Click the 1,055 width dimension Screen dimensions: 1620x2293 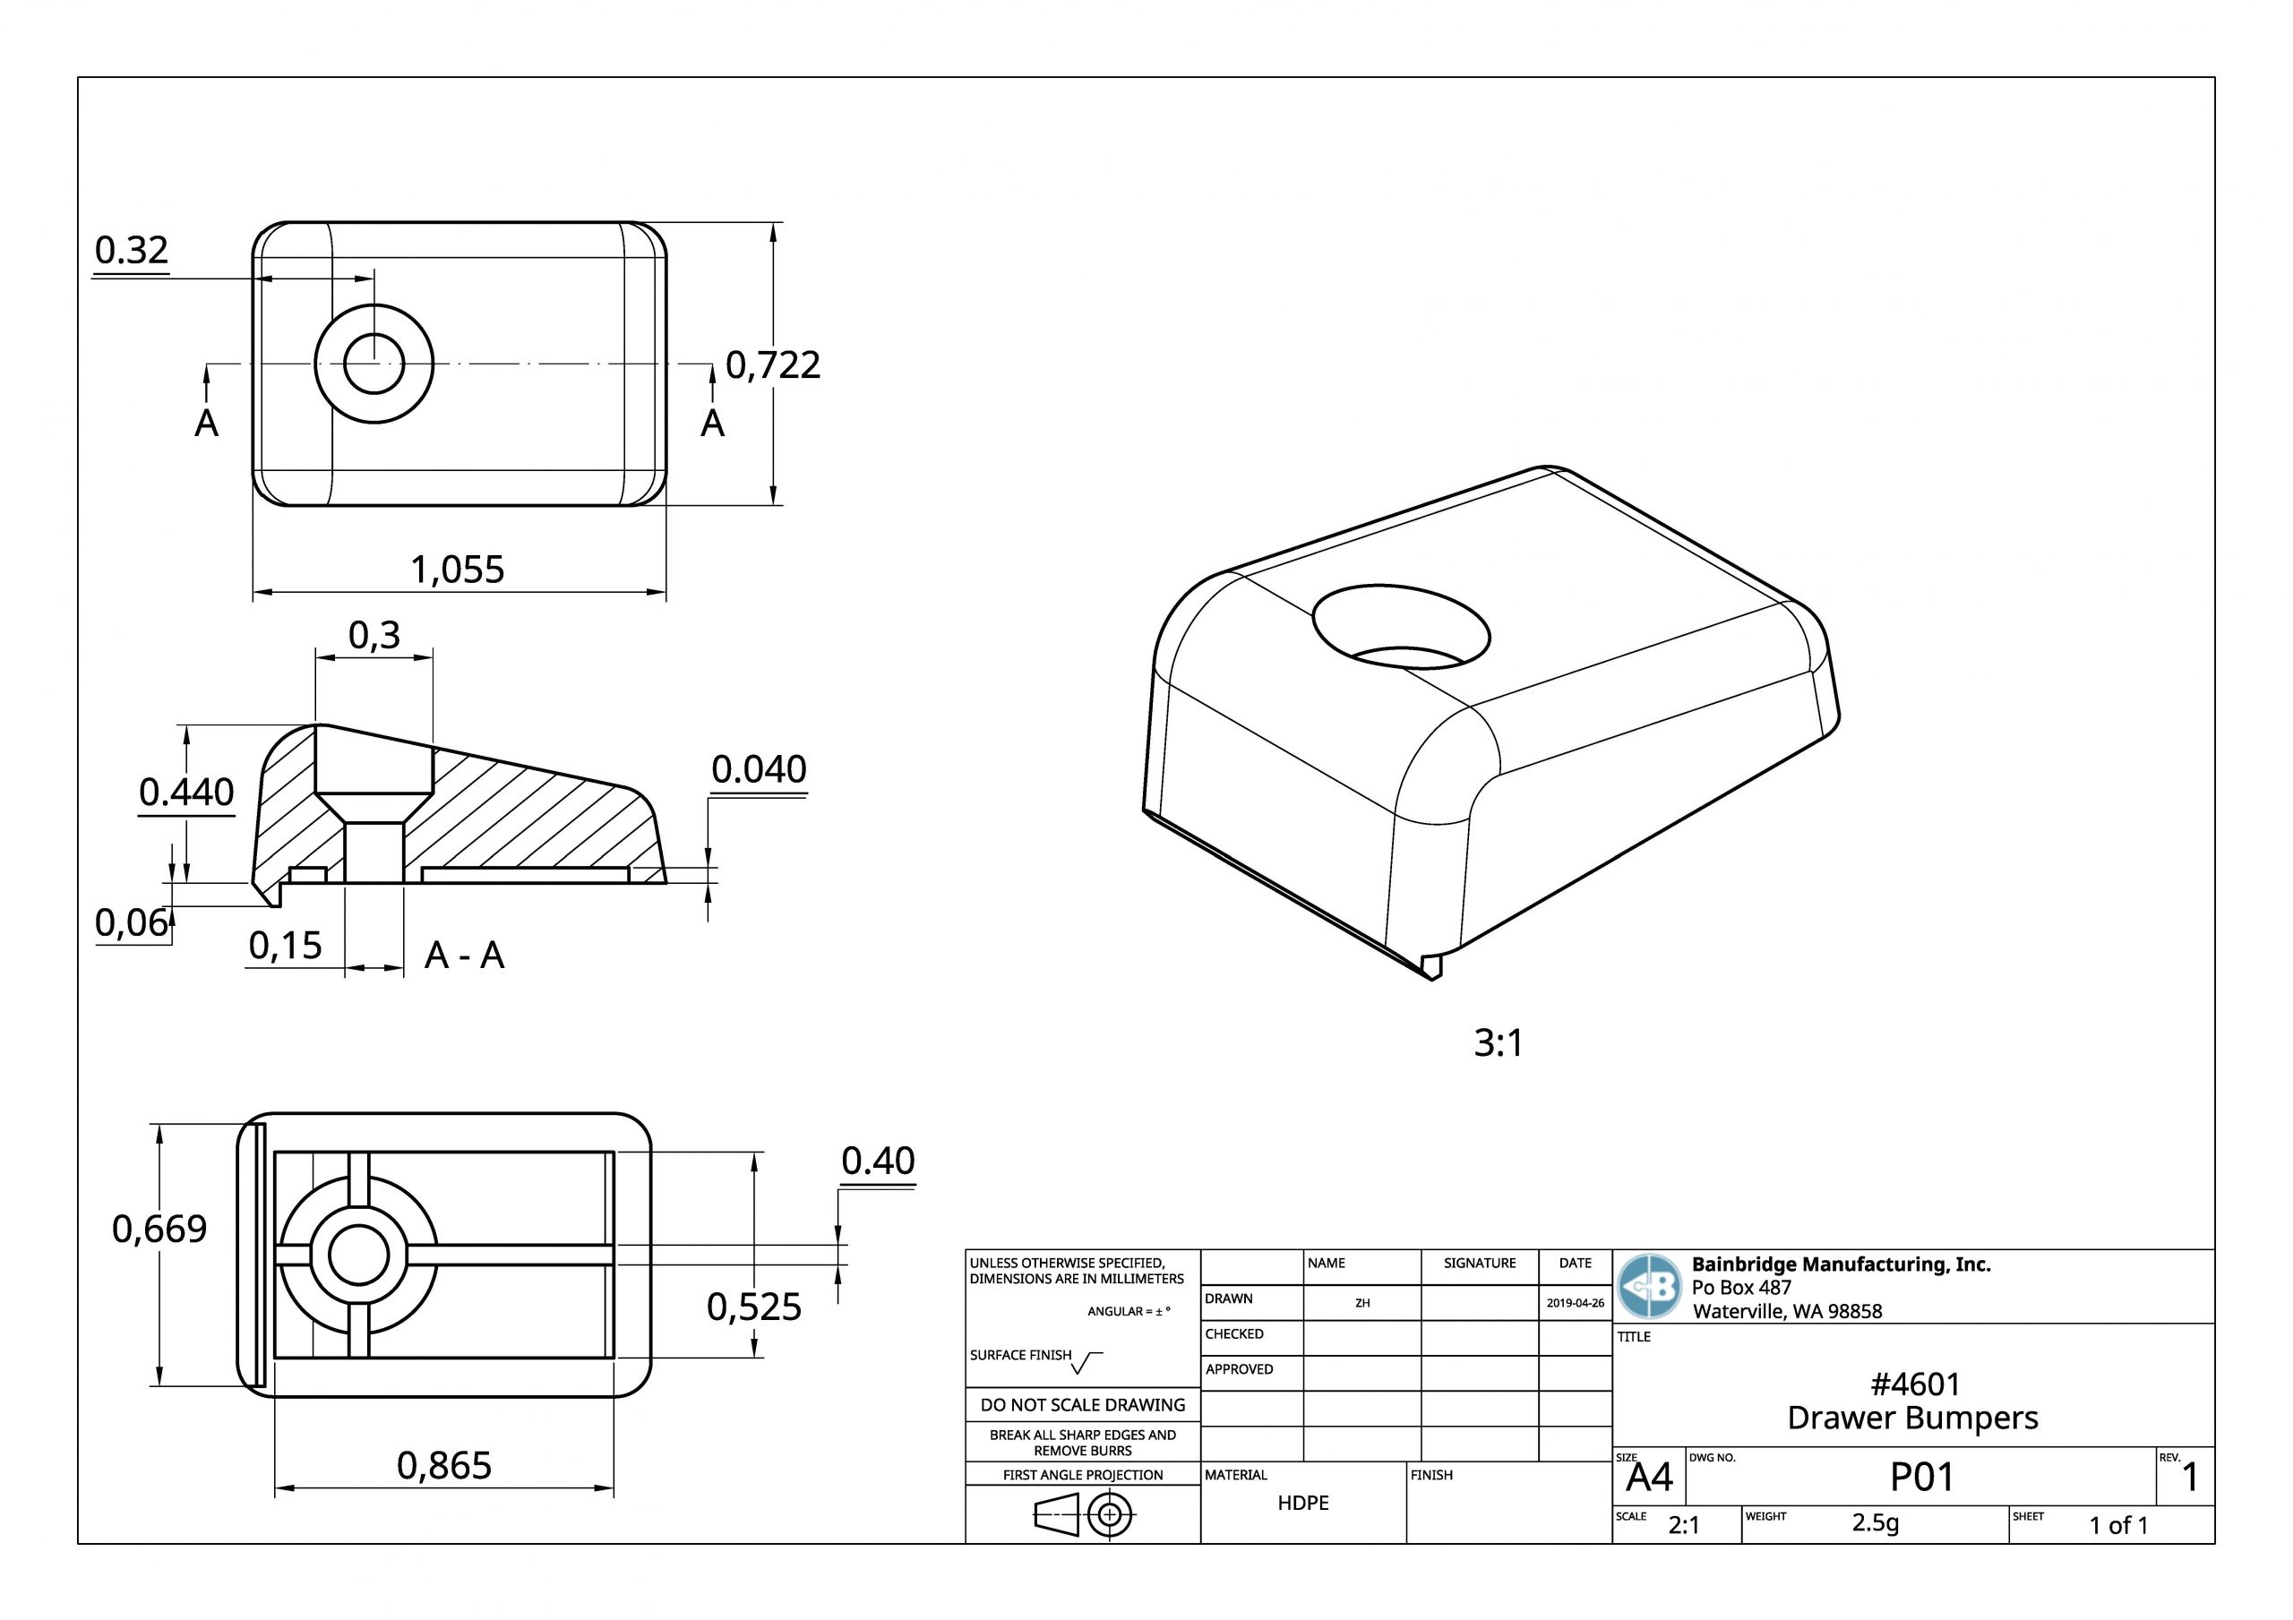[x=458, y=570]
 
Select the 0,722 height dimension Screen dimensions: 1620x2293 [x=772, y=364]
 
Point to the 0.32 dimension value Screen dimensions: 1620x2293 [x=132, y=249]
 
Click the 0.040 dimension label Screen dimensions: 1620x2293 [x=758, y=769]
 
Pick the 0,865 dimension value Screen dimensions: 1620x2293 [x=443, y=1465]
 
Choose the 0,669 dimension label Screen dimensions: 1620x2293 [x=159, y=1229]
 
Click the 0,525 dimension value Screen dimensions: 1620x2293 [x=753, y=1307]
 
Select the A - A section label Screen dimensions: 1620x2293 [x=464, y=956]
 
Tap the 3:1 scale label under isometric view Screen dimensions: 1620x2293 [x=1498, y=1042]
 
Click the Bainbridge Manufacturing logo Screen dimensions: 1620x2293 [x=1649, y=1286]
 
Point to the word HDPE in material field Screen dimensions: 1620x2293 [x=1302, y=1504]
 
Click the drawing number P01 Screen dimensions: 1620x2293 [x=1920, y=1478]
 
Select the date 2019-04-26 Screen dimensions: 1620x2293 [x=1575, y=1303]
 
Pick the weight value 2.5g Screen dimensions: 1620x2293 [x=1875, y=1522]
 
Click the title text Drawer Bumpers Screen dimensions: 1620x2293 [x=1911, y=1419]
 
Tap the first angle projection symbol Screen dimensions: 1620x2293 [x=1083, y=1517]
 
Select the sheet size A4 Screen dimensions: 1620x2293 [x=1648, y=1478]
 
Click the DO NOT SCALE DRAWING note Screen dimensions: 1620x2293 [x=1083, y=1405]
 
